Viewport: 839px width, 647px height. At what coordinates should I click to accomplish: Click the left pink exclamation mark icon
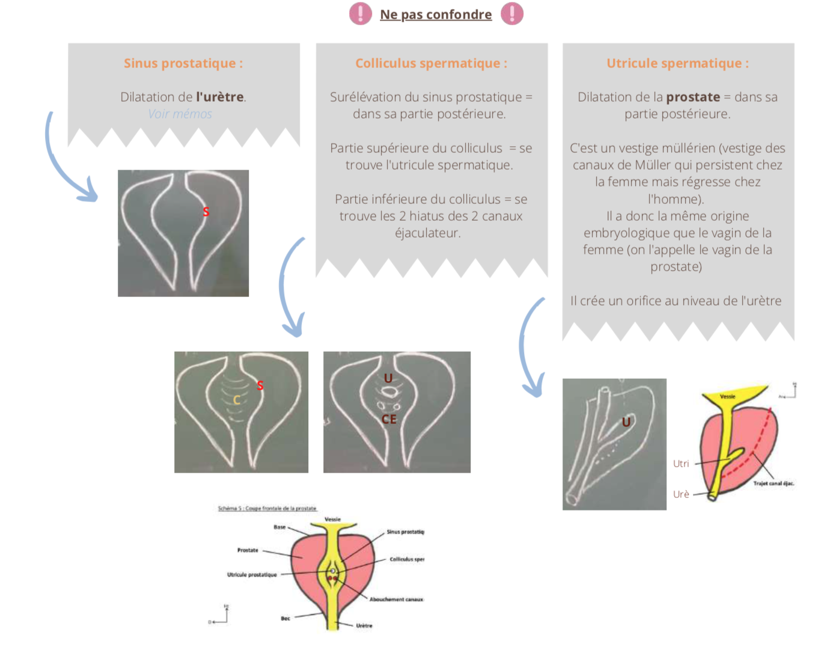point(361,13)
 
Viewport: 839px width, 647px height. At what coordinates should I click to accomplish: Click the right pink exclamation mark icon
point(512,13)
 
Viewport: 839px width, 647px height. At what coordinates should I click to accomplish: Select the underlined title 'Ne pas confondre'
point(436,14)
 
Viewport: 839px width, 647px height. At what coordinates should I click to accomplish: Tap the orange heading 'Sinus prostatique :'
point(183,63)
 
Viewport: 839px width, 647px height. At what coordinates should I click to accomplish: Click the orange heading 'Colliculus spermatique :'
point(432,63)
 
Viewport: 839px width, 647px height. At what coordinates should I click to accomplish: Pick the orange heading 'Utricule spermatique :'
point(678,63)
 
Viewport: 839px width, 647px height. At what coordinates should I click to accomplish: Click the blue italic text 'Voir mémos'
point(180,114)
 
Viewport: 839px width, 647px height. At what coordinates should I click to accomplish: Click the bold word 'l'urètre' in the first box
point(220,97)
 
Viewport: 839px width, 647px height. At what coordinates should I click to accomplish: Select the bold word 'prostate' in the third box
point(693,97)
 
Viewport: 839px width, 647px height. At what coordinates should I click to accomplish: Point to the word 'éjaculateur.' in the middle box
point(428,233)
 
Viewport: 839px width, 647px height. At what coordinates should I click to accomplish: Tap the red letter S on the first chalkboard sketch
point(206,212)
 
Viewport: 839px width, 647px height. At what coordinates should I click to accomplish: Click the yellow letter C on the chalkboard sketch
point(237,400)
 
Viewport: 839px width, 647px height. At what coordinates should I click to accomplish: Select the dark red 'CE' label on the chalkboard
point(389,419)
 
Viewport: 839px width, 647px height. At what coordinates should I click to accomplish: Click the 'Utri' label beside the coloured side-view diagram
point(681,464)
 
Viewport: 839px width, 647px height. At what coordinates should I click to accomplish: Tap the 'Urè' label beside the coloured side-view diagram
point(681,494)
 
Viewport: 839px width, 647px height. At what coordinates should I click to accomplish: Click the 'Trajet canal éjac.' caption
point(773,483)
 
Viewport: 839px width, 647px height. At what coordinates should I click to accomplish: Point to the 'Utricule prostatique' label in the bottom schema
point(252,575)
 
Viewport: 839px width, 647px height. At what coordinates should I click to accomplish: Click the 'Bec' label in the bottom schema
point(285,618)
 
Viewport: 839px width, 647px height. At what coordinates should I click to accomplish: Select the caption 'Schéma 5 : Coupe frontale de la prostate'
point(267,509)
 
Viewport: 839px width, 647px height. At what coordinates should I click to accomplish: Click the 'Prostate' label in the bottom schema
point(248,550)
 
